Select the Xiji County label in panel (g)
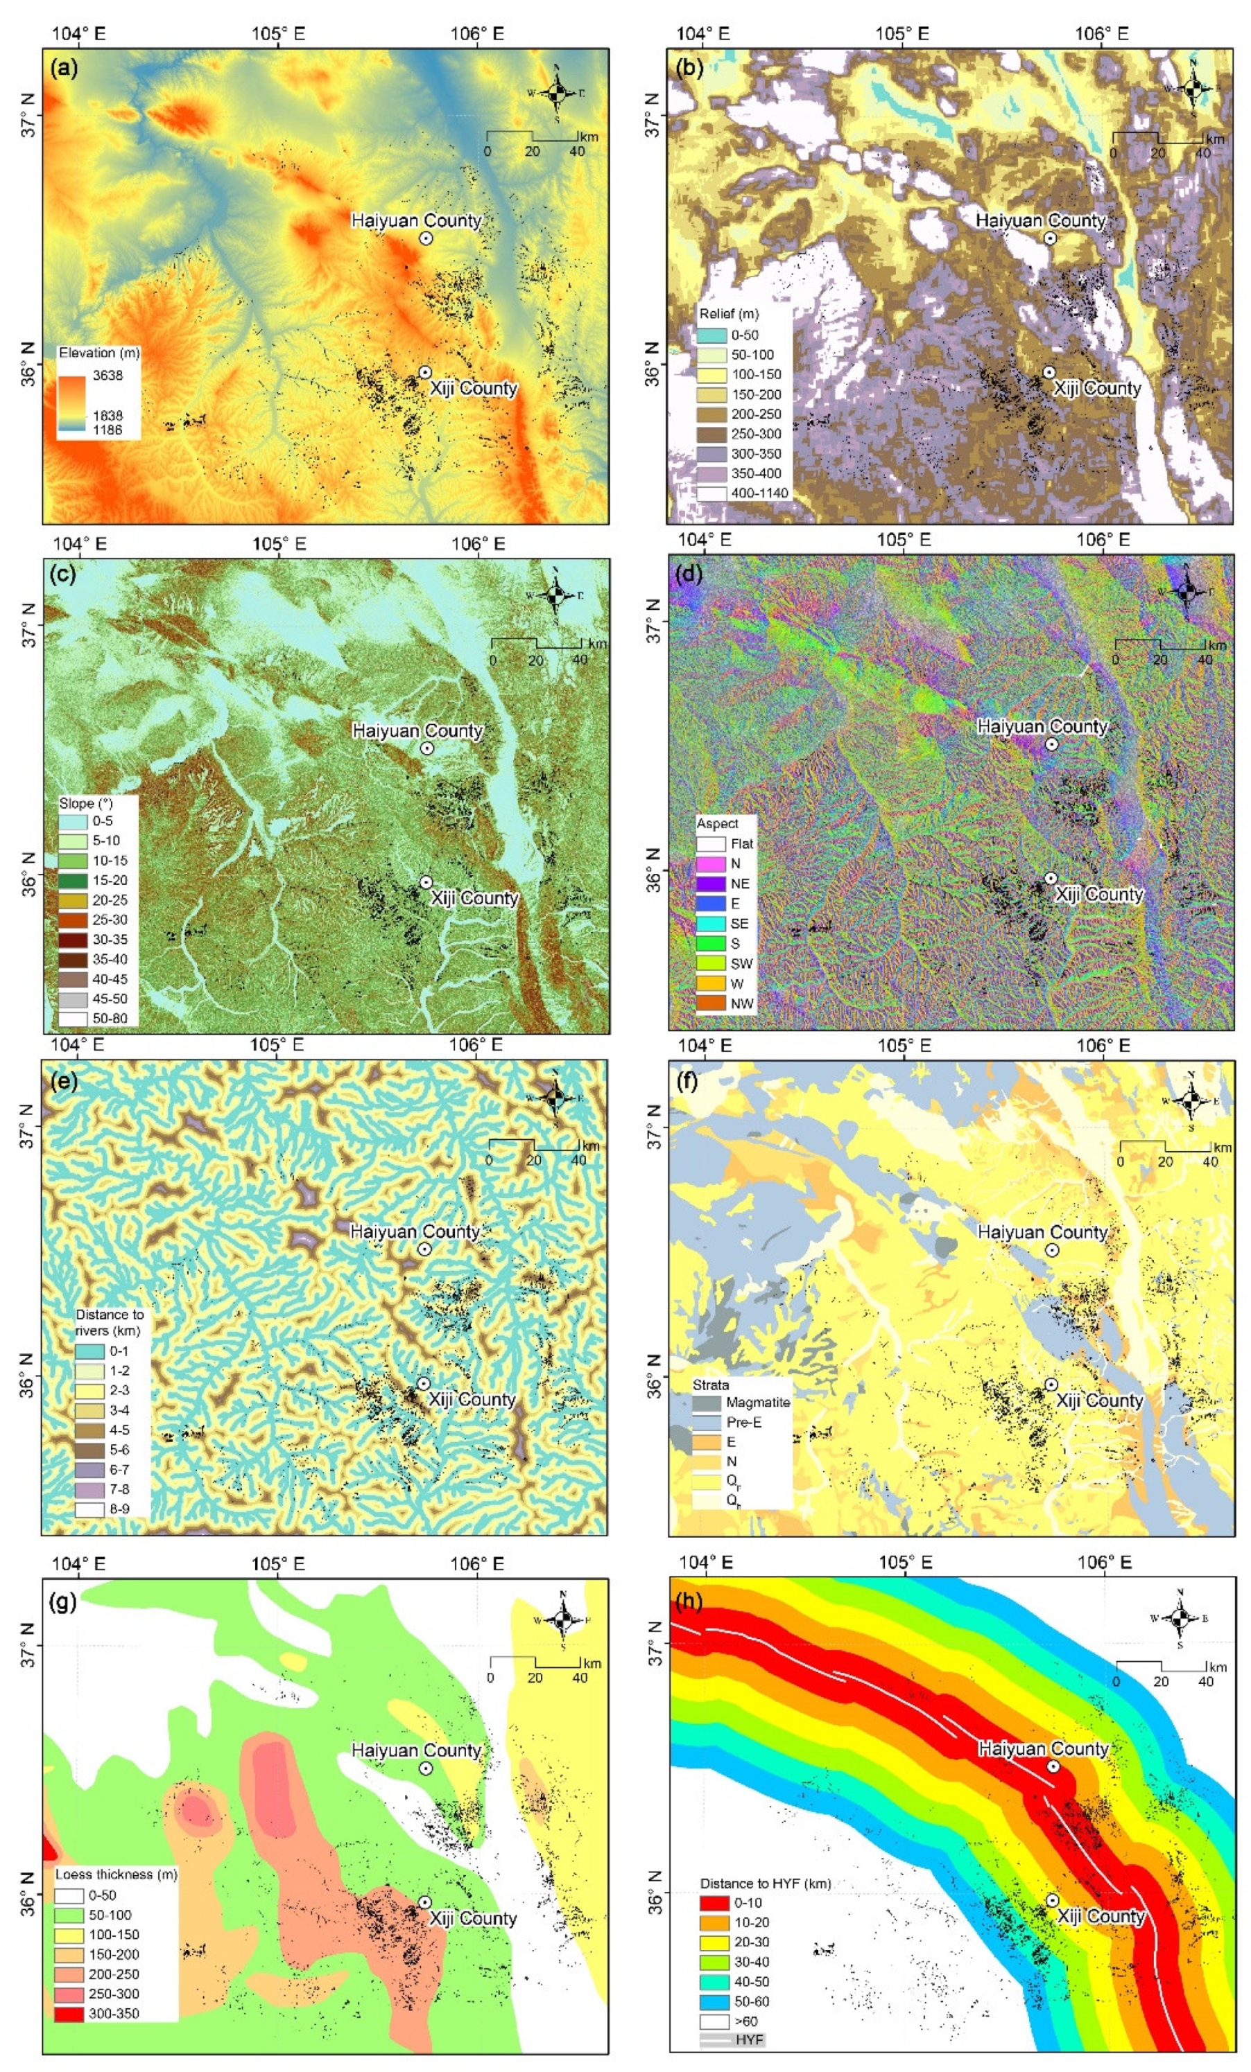pos(472,1918)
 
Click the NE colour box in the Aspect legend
pos(711,884)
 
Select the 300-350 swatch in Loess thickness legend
pos(70,2013)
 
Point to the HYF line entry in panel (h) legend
pos(716,2039)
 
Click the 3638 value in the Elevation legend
pos(107,376)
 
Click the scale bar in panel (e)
pos(533,1147)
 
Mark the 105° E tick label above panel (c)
pos(279,544)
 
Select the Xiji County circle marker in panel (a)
pos(426,371)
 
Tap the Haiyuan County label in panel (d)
pos(1042,726)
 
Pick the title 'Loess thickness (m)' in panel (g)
pos(116,1874)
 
